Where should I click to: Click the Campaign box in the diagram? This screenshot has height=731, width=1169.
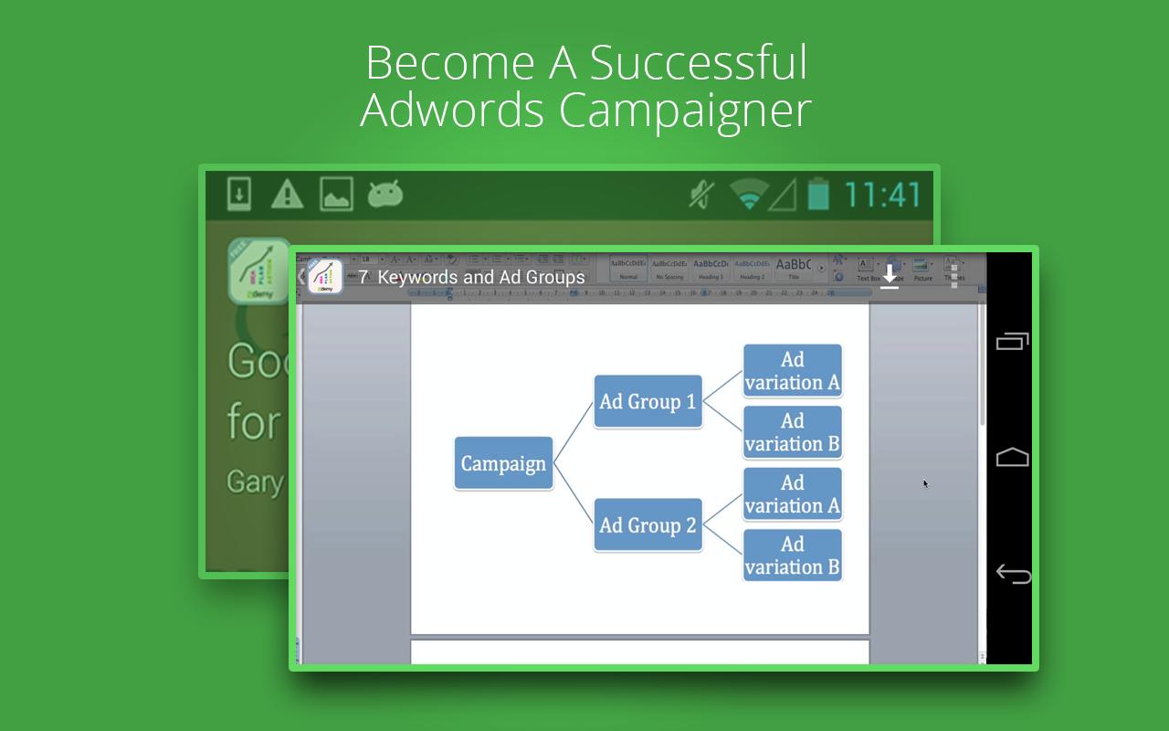pos(503,463)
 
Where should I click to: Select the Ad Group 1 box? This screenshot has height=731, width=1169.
pos(648,401)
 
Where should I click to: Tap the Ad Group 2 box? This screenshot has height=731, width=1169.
pos(648,525)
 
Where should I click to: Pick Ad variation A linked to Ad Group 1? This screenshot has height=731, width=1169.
pos(792,371)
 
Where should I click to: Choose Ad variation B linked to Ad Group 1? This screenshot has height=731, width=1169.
pos(792,432)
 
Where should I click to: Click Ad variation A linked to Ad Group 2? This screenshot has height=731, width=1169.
pos(792,494)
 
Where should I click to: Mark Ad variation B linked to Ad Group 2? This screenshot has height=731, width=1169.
pos(792,556)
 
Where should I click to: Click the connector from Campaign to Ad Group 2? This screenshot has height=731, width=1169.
pos(574,495)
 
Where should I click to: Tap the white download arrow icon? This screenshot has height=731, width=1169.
pos(890,276)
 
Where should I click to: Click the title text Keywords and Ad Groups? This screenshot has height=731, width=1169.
pos(480,277)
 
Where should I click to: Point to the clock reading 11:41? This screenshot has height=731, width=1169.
pos(882,195)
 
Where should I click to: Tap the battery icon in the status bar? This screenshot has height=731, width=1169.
pos(818,195)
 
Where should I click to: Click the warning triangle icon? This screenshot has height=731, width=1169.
pos(287,195)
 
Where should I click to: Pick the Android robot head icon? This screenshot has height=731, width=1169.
pos(385,195)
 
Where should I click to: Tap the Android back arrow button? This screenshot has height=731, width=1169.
pos(1012,574)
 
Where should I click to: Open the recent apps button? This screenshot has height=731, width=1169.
pos(1012,341)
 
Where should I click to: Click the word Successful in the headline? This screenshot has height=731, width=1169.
pos(698,63)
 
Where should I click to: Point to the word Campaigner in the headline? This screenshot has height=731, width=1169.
pos(685,111)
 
